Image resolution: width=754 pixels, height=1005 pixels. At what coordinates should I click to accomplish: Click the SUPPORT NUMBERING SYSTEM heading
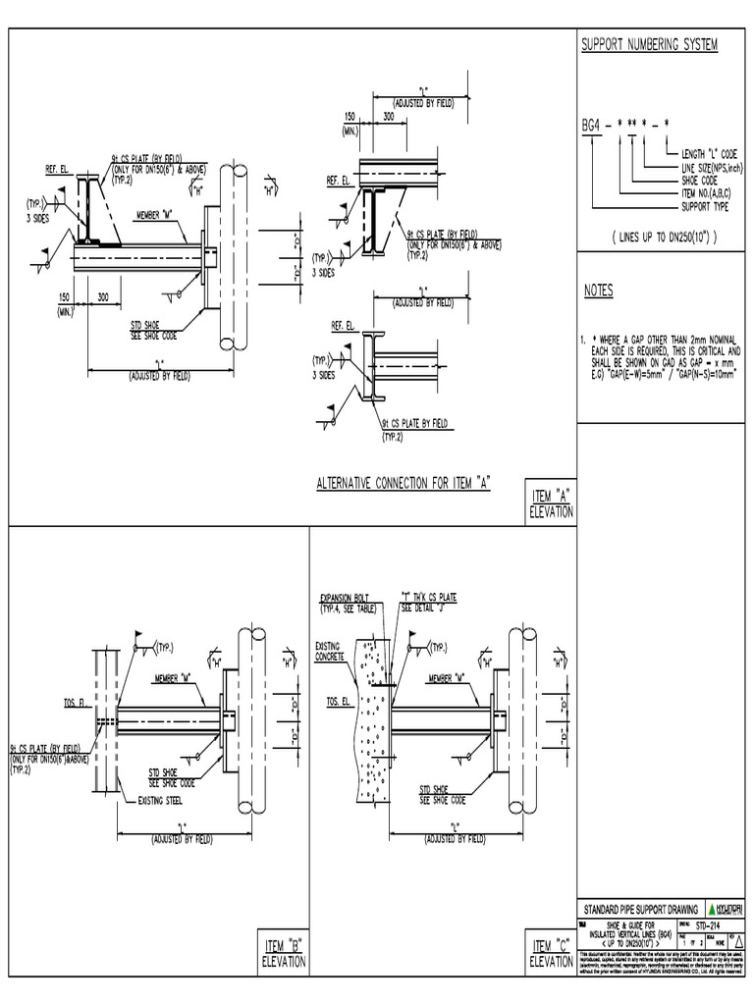[650, 46]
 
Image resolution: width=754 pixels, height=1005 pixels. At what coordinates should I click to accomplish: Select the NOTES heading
[598, 291]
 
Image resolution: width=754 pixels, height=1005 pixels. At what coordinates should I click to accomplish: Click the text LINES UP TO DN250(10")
[664, 238]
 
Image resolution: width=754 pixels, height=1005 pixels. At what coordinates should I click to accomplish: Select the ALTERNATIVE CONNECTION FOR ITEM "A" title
[403, 483]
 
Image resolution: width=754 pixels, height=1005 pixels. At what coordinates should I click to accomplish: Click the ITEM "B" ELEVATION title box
[283, 953]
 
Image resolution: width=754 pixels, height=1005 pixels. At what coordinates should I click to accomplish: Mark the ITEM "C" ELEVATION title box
[551, 953]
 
